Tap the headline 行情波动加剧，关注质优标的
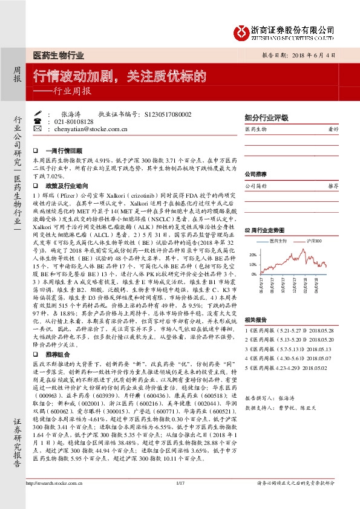pos(119,77)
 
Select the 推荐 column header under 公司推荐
pos(332,187)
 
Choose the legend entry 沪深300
pos(314,241)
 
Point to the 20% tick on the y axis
pos(252,255)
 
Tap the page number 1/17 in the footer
pos(180,499)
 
